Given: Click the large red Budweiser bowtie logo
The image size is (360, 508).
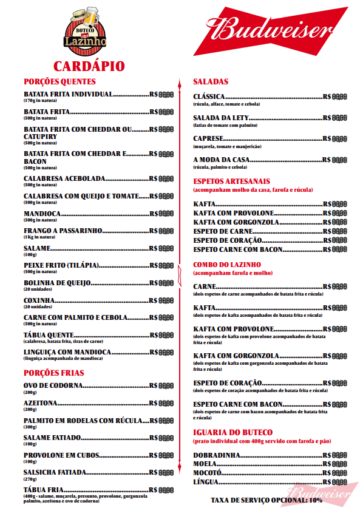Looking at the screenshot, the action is pyautogui.click(x=271, y=30).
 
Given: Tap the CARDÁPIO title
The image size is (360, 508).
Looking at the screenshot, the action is pyautogui.click(x=89, y=66).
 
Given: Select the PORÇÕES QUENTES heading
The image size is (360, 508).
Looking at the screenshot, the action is pyautogui.click(x=59, y=81).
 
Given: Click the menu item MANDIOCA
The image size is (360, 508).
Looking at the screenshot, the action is pyautogui.click(x=41, y=214).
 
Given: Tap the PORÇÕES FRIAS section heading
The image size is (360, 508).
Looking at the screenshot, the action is pyautogui.click(x=54, y=373).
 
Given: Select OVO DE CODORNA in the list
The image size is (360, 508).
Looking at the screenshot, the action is pyautogui.click(x=52, y=386).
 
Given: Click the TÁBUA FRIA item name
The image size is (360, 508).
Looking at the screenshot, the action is pyautogui.click(x=44, y=489).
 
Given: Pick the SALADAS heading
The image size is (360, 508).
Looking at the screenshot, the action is pyautogui.click(x=211, y=81).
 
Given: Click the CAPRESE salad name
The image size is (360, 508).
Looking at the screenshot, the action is pyautogui.click(x=209, y=139).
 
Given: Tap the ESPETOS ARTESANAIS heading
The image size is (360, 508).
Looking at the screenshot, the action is pyautogui.click(x=231, y=181).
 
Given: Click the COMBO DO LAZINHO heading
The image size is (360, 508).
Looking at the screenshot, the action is pyautogui.click(x=226, y=265).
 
